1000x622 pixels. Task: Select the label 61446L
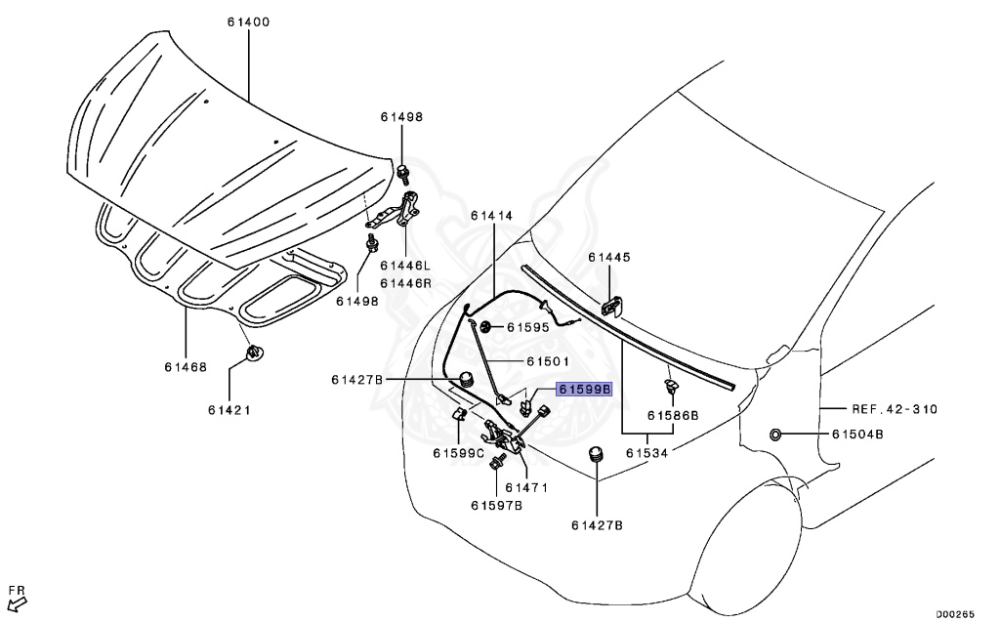pyautogui.click(x=405, y=266)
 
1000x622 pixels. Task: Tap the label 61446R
pyautogui.click(x=405, y=283)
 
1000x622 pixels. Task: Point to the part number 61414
pyautogui.click(x=491, y=215)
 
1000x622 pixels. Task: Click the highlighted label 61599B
pyautogui.click(x=584, y=389)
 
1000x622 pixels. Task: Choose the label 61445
pyautogui.click(x=609, y=258)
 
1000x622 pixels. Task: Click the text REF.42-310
pyautogui.click(x=893, y=410)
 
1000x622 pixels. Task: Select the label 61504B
pyautogui.click(x=857, y=435)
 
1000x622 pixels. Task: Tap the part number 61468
pyautogui.click(x=186, y=367)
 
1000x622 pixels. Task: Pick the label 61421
pyautogui.click(x=229, y=410)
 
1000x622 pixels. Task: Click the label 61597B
pyautogui.click(x=496, y=505)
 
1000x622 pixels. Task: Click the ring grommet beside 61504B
pyautogui.click(x=774, y=435)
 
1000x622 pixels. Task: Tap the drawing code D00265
pyautogui.click(x=957, y=614)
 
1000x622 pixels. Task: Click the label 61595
pyautogui.click(x=527, y=328)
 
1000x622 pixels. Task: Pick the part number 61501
pyautogui.click(x=548, y=361)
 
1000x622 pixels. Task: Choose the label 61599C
pyautogui.click(x=460, y=453)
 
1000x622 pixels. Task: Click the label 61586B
pyautogui.click(x=675, y=415)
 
